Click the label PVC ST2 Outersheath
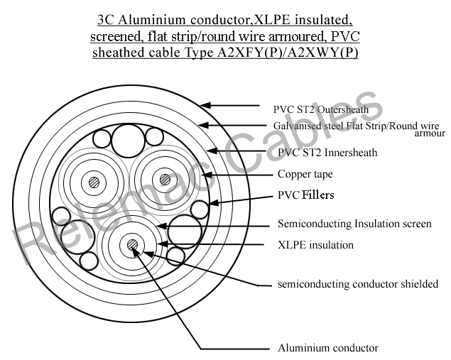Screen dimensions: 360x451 (320, 110)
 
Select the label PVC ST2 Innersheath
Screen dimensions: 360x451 (327, 153)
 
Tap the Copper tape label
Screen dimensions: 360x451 (305, 174)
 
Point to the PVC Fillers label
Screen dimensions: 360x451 (305, 195)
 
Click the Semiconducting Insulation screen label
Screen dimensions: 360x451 (354, 224)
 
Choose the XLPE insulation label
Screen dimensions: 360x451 (315, 245)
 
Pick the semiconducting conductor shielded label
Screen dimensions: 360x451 (357, 285)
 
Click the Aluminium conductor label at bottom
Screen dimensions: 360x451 (327, 348)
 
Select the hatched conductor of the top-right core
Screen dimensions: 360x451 (165, 180)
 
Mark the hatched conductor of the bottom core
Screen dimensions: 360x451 (132, 245)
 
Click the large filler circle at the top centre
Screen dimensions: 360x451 (130, 137)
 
